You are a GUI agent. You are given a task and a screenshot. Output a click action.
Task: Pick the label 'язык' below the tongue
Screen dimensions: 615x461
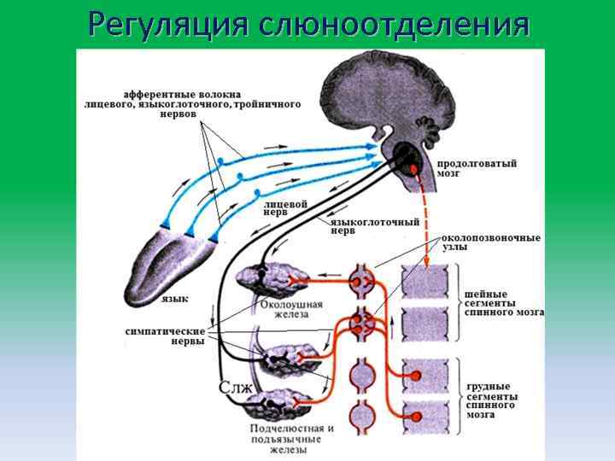pyautogui.click(x=174, y=299)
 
